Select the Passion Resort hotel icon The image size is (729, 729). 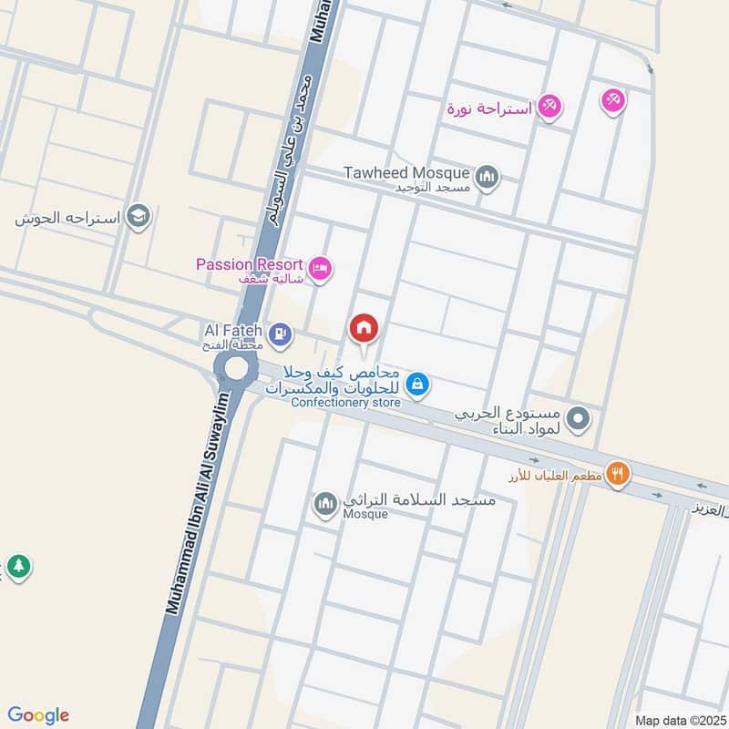coord(320,269)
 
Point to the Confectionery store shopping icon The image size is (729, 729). coord(416,385)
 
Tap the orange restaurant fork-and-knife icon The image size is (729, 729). coord(619,473)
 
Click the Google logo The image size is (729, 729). coord(38,715)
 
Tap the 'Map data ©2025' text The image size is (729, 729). coord(679,720)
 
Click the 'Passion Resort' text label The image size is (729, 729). coord(249,264)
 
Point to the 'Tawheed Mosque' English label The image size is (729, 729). coord(406,172)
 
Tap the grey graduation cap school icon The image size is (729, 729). coord(139,217)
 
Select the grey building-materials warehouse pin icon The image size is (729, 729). coord(578,419)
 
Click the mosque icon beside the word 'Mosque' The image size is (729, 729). coord(325,503)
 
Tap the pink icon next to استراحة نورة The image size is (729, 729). coord(549,108)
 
